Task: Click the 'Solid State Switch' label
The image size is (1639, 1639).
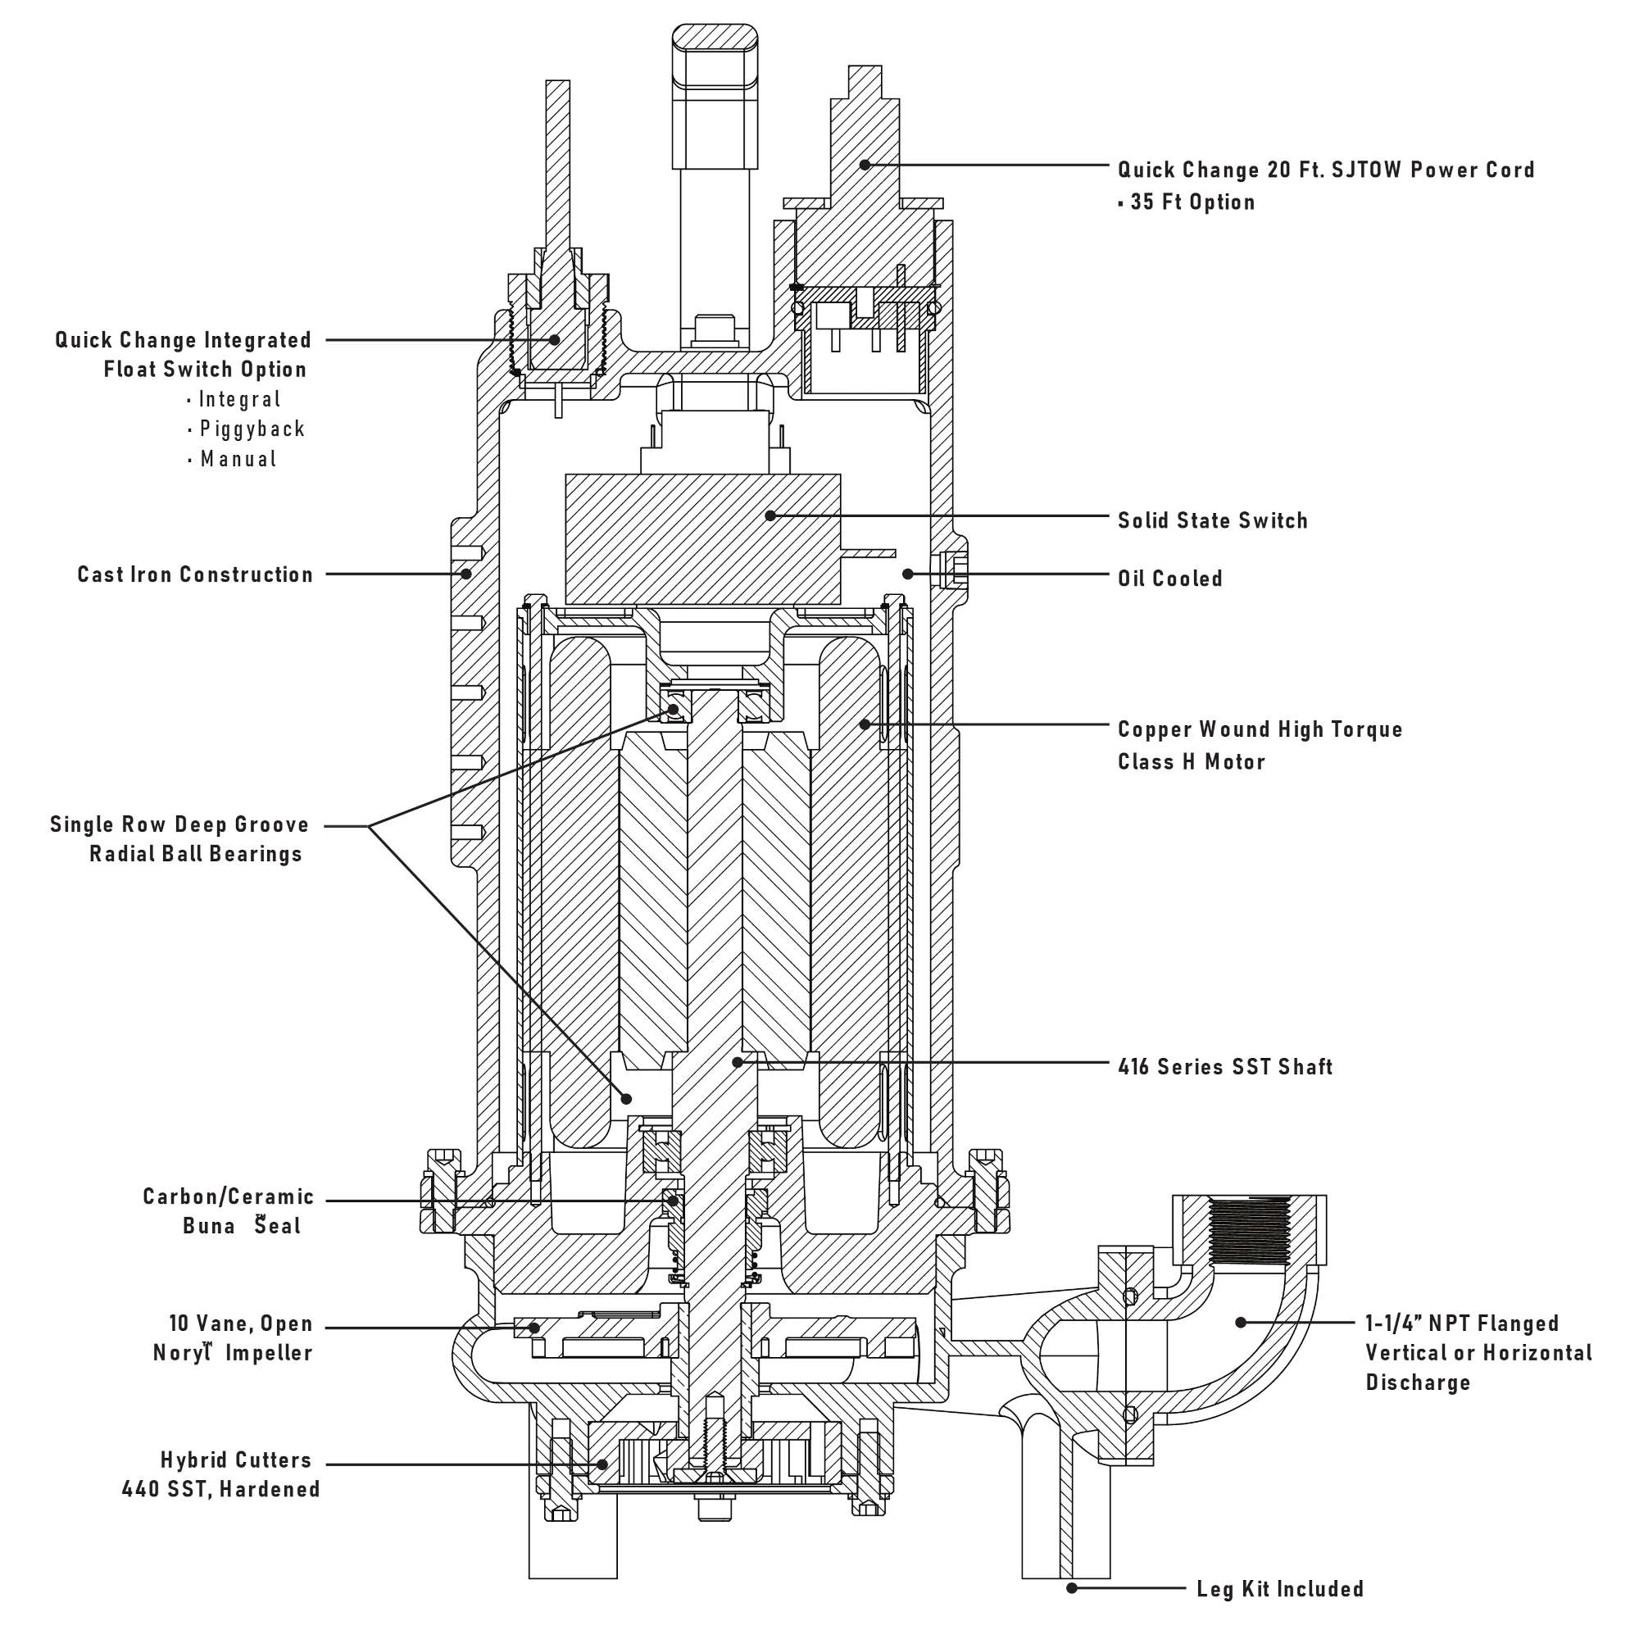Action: pyautogui.click(x=1211, y=520)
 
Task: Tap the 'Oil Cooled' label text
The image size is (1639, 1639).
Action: pyautogui.click(x=1169, y=579)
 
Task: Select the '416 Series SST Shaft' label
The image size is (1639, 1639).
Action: pyautogui.click(x=1224, y=1066)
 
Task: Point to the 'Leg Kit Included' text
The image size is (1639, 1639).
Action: pyautogui.click(x=1279, y=1588)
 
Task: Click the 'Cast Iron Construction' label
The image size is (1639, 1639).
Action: pyautogui.click(x=195, y=574)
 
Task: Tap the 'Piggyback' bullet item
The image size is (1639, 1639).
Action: pyautogui.click(x=252, y=429)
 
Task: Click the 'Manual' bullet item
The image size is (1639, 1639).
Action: pyautogui.click(x=238, y=459)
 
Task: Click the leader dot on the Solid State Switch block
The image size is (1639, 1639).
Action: pyautogui.click(x=770, y=515)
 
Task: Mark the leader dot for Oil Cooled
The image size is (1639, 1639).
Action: pyautogui.click(x=908, y=574)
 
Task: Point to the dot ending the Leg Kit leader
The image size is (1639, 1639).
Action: pyautogui.click(x=1071, y=1587)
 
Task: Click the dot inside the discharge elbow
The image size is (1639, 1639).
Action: pyautogui.click(x=1240, y=1323)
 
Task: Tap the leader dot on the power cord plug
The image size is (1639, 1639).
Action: pyautogui.click(x=865, y=165)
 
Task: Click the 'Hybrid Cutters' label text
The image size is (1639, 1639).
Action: pyautogui.click(x=236, y=1460)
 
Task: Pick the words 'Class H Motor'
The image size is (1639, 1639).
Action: pyautogui.click(x=1190, y=762)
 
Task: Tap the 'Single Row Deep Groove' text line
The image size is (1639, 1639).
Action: pyautogui.click(x=179, y=824)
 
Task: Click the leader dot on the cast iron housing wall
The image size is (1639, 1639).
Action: pyautogui.click(x=465, y=574)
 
